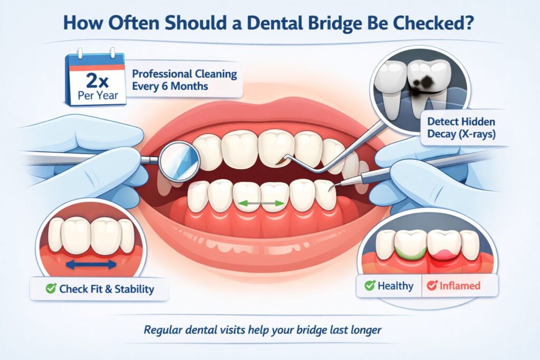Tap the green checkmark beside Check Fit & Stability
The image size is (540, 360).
[x=51, y=289]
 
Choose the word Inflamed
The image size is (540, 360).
[x=460, y=286]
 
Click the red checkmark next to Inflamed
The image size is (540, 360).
[x=432, y=286]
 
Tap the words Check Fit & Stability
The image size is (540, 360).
[x=107, y=289]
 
